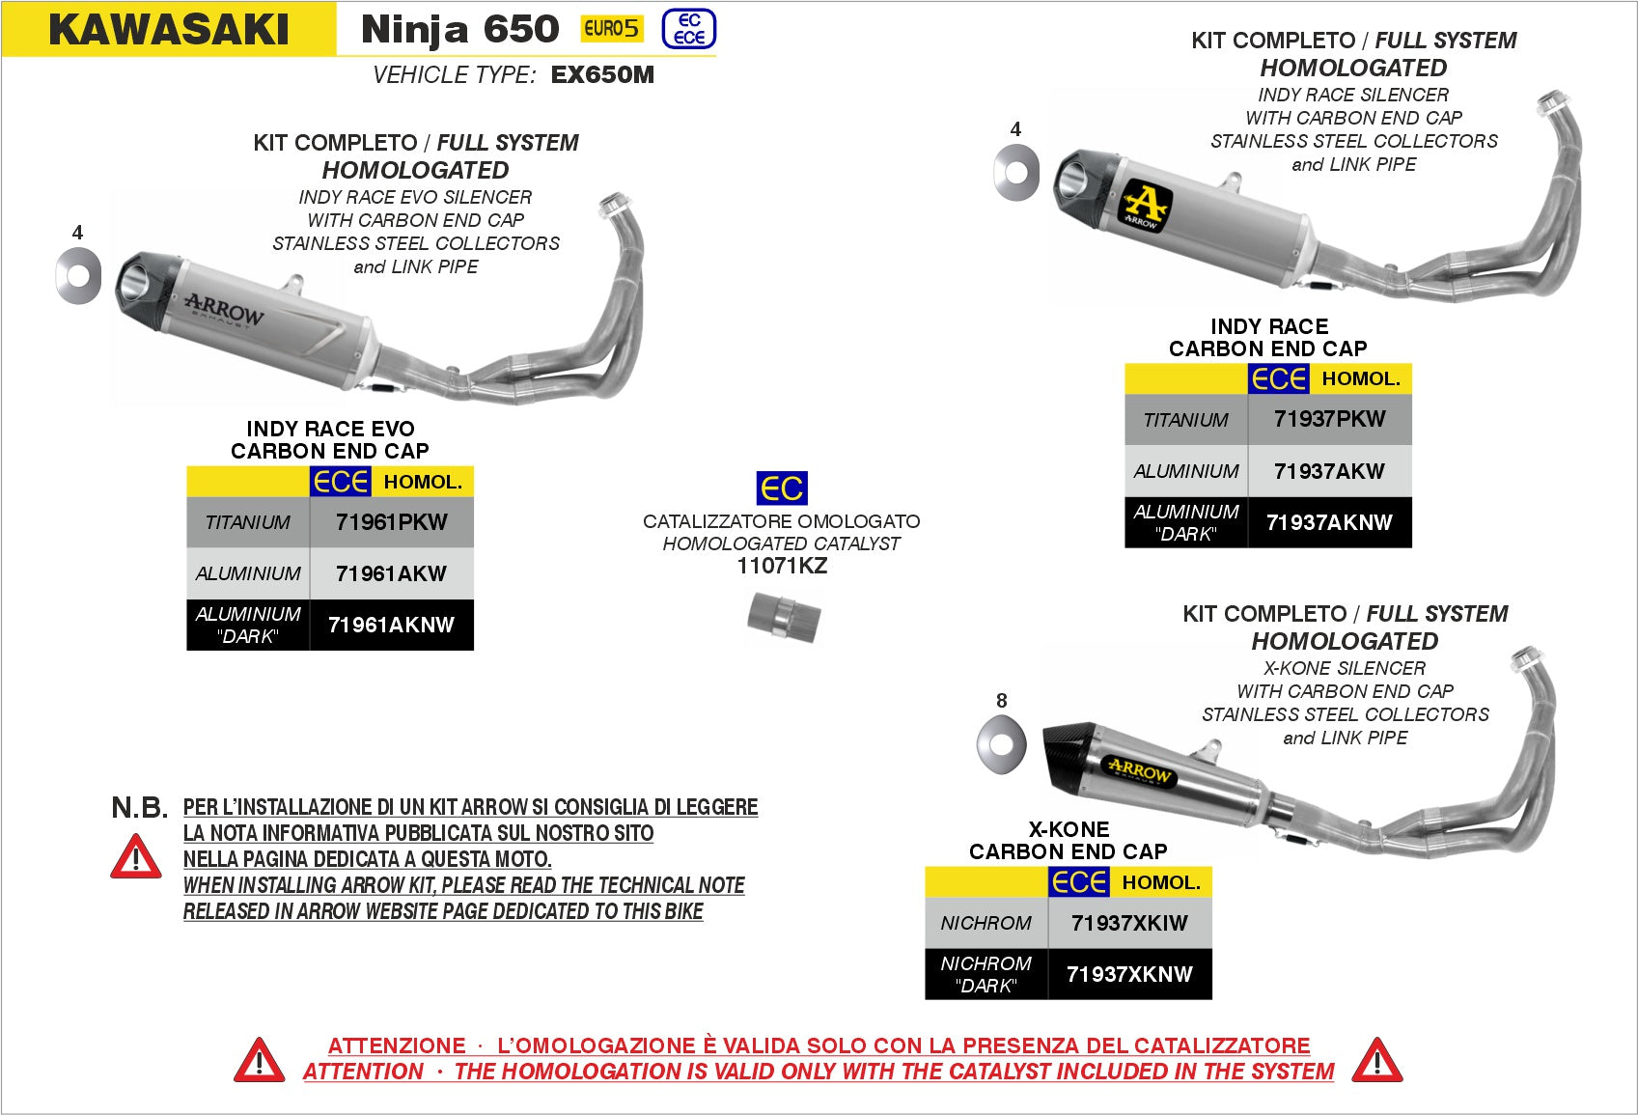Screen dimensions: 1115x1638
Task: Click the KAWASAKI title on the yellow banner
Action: [x=169, y=29]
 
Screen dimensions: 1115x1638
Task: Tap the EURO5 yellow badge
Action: [x=611, y=29]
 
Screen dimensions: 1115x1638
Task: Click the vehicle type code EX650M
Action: [x=602, y=75]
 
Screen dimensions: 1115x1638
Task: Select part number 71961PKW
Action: [x=391, y=522]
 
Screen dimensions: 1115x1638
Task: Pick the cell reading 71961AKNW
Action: [x=391, y=625]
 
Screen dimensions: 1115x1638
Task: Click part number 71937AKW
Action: [x=1329, y=471]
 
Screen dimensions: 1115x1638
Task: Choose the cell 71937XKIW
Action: [x=1129, y=923]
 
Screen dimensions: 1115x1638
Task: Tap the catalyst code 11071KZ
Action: [x=782, y=567]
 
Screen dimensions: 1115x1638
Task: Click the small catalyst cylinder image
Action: [x=783, y=617]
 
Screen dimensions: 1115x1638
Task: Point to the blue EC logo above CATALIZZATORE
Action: [x=782, y=488]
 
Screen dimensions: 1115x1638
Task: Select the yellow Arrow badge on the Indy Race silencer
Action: [x=1145, y=206]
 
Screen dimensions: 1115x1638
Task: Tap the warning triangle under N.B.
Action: [x=136, y=857]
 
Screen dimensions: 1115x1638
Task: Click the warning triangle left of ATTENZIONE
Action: [x=259, y=1060]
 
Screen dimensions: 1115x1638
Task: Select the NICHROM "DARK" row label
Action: [x=986, y=974]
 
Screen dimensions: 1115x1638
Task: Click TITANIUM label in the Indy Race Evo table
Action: [x=247, y=522]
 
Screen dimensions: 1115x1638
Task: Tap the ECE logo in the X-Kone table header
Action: [x=1078, y=881]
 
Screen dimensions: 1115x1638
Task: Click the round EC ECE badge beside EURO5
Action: [x=689, y=29]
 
